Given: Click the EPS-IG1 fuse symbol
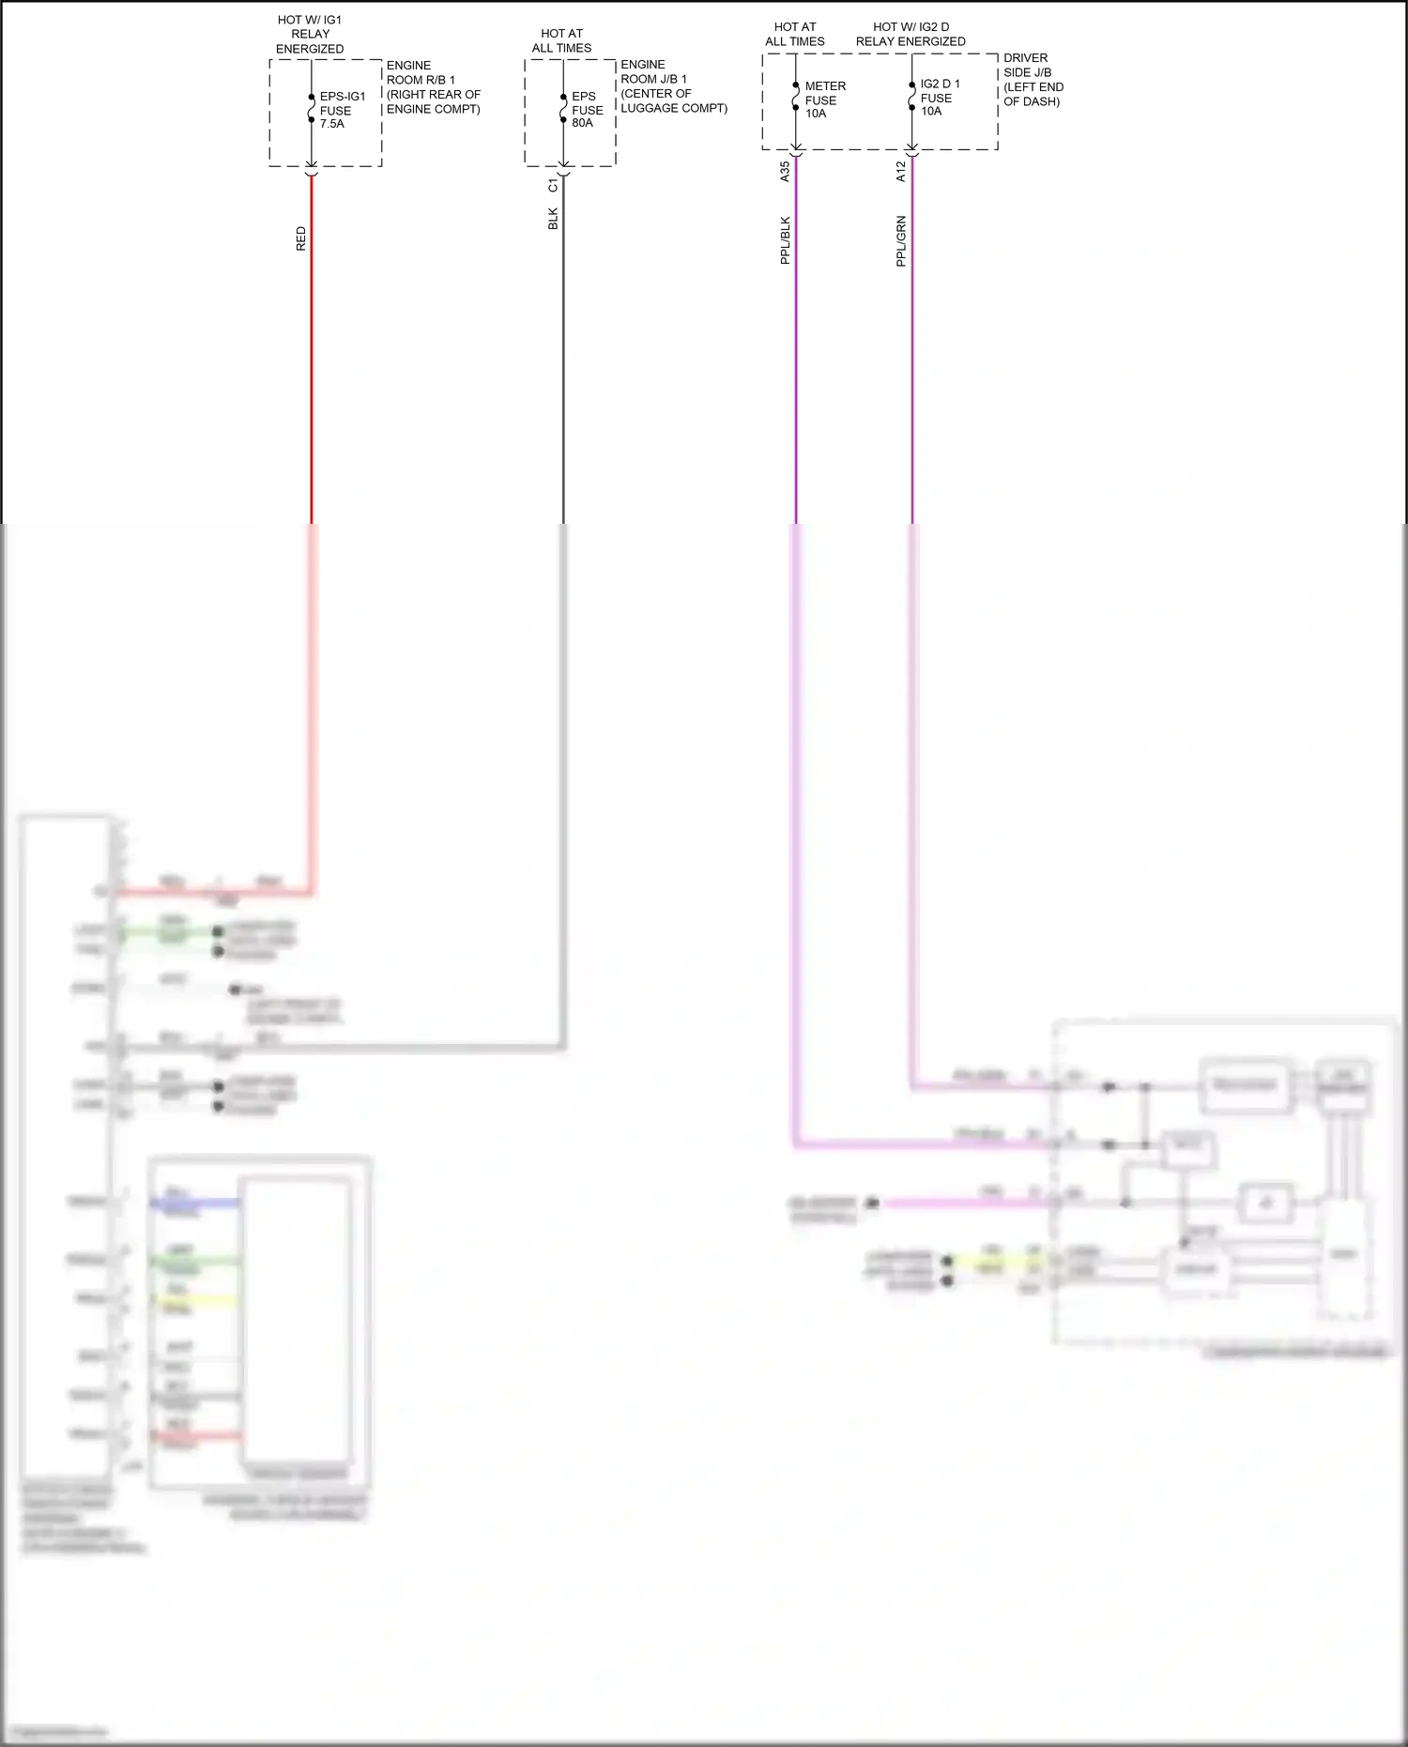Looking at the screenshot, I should coord(312,108).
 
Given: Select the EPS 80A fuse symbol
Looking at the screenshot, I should coord(563,108).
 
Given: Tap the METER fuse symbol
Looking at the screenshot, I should coord(796,96).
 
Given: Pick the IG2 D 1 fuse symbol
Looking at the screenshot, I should coord(911,96).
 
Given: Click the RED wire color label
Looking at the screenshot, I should coord(301,238).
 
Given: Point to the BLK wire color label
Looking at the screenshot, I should coord(553,219).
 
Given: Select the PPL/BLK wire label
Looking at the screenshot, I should coord(786,240).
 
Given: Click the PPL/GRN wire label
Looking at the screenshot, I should coord(901,241).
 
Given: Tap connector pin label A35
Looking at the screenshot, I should coord(786,171).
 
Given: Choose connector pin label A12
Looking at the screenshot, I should coord(901,171).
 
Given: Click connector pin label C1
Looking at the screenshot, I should coord(553,186).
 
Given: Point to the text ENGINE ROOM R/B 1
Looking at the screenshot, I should coord(421,72).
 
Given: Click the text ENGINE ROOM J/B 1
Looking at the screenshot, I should coord(653,71).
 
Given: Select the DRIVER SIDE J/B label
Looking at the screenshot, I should coord(1027,65).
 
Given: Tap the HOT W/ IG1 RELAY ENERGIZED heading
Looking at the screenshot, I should coord(310,34).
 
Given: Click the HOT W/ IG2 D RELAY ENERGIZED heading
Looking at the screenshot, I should coord(911,34).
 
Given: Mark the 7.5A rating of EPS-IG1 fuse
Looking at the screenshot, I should coord(332,124).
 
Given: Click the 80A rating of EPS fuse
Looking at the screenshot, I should coord(582,123).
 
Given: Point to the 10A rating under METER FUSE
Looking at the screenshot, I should coord(816,114).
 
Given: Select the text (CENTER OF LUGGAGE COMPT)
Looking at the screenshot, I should coord(673,100).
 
